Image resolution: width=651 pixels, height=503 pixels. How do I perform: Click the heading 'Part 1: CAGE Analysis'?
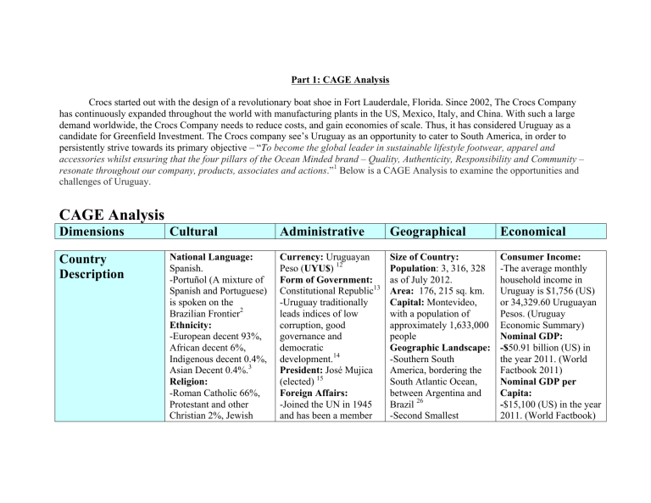click(x=325, y=81)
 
